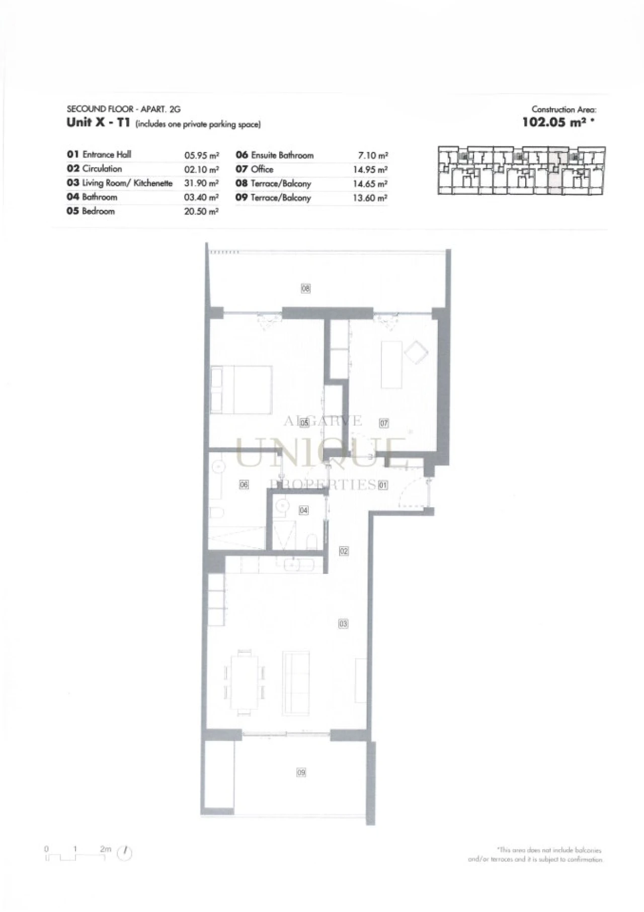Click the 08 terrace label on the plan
[305, 288]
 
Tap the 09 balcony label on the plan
[301, 772]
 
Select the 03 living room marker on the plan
[343, 624]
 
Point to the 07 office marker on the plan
[384, 423]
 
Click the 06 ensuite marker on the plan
[244, 485]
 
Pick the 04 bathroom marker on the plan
[304, 510]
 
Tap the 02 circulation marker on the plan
[344, 551]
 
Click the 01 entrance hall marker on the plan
[383, 486]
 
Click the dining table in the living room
[244, 681]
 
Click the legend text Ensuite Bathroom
[282, 156]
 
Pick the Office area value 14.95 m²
[370, 170]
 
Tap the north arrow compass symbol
[124, 853]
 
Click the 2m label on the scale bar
[105, 849]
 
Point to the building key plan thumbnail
[521, 170]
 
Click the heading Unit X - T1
[99, 122]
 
